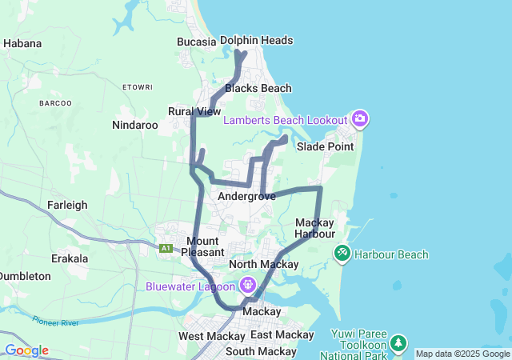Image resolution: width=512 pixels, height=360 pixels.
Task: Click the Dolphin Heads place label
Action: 256,40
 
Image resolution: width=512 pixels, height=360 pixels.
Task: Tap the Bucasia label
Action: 196,42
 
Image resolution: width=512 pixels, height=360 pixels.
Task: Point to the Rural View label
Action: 194,111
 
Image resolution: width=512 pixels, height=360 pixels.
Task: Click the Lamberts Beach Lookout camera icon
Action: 360,120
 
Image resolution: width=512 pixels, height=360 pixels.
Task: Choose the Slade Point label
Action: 325,146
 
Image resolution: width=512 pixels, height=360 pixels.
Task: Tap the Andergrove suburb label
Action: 246,196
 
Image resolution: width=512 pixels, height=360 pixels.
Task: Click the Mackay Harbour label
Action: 314,228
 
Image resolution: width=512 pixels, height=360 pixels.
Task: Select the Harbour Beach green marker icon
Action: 342,254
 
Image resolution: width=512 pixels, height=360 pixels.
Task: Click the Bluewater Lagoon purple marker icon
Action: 247,285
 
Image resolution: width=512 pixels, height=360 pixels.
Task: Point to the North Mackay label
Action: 263,264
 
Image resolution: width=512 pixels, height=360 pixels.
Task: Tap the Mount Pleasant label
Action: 202,246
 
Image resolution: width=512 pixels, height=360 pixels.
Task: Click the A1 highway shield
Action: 166,249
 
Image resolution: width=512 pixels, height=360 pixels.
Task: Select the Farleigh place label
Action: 67,205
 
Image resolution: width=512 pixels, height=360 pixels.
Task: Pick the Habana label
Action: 22,43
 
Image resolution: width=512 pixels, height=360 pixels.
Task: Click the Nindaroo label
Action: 135,125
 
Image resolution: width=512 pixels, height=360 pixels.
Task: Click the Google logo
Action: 26,350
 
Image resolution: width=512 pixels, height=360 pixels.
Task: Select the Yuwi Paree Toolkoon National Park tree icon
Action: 398,345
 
